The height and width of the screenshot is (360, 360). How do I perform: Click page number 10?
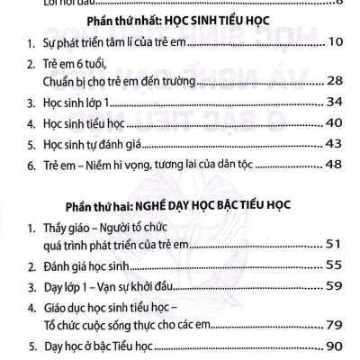tap(333, 41)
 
